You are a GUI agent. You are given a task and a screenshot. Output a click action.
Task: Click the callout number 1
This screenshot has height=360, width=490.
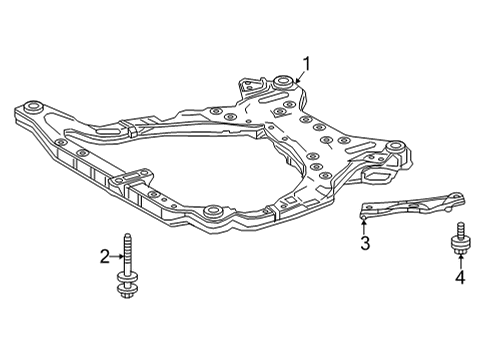[x=307, y=65]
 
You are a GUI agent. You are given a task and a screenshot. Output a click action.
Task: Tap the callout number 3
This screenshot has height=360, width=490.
[x=366, y=243]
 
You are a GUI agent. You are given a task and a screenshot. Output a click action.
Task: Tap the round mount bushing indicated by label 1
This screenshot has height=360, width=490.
[x=282, y=79]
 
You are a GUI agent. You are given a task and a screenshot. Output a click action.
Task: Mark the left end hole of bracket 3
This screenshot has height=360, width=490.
[x=367, y=210]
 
